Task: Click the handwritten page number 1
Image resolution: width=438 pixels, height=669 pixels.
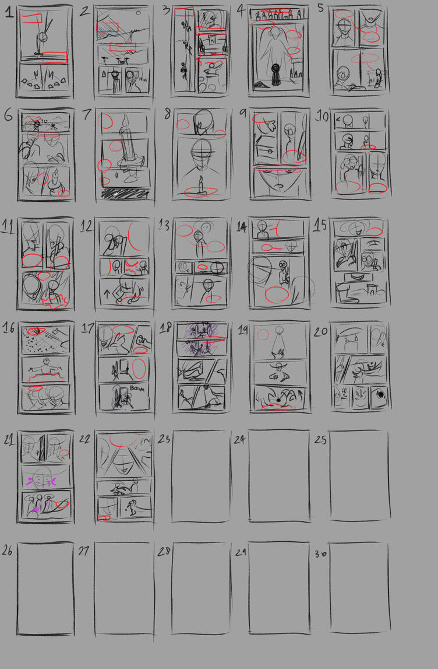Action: click(9, 12)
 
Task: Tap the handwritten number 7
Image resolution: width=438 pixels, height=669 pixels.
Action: click(86, 114)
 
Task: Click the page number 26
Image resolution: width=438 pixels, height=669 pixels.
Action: click(8, 550)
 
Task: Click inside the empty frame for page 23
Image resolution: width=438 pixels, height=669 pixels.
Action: click(200, 475)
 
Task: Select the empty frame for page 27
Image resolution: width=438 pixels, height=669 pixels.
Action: click(124, 587)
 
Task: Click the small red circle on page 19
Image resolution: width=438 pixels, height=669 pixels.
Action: click(263, 335)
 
